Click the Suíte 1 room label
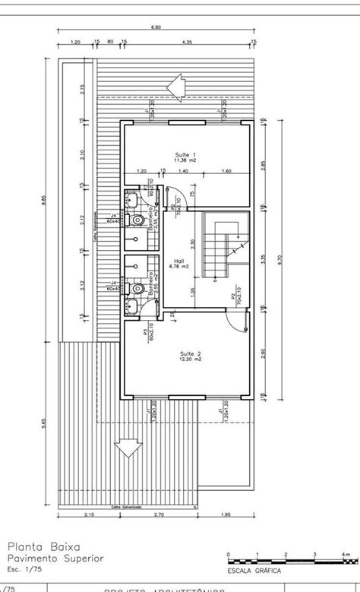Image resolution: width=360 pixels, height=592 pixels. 185,157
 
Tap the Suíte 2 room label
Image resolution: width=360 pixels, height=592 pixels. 189,357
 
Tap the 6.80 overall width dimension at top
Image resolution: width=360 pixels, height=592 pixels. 156,27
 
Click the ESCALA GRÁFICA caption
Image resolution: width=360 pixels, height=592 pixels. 248,568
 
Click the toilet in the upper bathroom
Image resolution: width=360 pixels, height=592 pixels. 137,220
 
